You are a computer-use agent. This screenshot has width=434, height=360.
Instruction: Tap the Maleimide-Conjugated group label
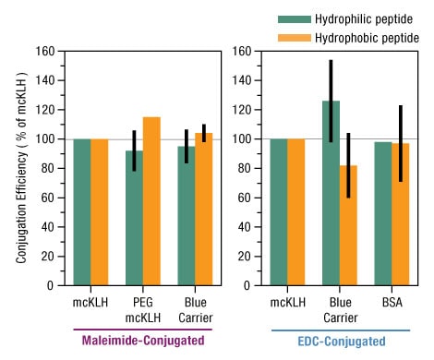tap(143, 341)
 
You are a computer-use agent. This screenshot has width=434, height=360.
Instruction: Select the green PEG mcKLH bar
tap(135, 218)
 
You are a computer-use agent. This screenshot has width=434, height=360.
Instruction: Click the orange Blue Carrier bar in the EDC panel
tap(347, 225)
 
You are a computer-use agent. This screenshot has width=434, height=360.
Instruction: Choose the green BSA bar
tap(382, 213)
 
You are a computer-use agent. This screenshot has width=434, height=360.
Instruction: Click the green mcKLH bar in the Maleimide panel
tap(83, 212)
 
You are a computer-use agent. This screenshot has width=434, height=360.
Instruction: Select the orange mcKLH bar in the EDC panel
tap(295, 212)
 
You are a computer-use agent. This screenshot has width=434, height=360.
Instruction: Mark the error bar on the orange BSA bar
tap(399, 143)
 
